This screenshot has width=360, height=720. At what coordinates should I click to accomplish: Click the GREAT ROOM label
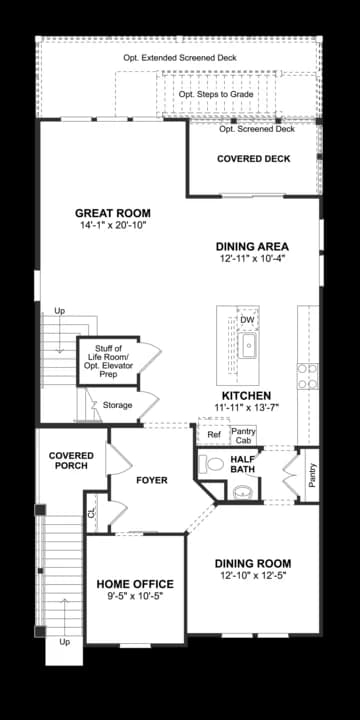point(112,213)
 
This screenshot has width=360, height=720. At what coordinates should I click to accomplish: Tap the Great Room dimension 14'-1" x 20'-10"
point(113,225)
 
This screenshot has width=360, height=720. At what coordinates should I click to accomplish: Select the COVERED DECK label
point(253,159)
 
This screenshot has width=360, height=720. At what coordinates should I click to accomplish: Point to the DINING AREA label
point(253,247)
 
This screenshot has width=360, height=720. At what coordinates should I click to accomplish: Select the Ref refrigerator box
point(214,434)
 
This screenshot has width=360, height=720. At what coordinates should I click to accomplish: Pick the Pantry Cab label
point(243,435)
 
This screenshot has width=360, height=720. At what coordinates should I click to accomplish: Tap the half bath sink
point(243,492)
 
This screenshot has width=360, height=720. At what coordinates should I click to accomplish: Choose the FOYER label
point(152,480)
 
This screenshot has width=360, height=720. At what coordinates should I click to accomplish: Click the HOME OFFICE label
point(135,584)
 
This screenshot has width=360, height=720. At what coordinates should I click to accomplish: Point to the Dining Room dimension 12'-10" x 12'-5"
point(253,575)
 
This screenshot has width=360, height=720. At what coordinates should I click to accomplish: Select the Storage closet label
point(118,405)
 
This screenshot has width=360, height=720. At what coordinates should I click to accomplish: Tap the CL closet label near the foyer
point(91,512)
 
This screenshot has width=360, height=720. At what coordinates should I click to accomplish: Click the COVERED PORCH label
point(71,461)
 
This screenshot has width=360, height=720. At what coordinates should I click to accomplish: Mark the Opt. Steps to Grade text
point(216,94)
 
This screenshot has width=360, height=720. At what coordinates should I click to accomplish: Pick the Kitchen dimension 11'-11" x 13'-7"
point(247,407)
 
